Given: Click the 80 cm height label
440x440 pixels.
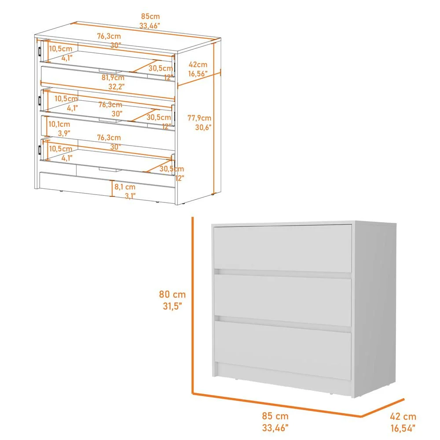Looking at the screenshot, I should [x=172, y=294].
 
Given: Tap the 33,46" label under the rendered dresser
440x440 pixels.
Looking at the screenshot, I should [x=276, y=426].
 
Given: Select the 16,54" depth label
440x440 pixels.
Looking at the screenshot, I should [x=402, y=426].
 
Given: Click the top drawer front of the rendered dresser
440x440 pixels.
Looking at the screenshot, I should [x=282, y=248].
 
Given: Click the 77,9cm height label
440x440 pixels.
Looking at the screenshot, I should [x=199, y=118].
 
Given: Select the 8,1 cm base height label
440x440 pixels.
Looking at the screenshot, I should [x=125, y=187].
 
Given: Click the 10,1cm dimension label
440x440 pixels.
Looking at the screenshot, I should [x=59, y=124].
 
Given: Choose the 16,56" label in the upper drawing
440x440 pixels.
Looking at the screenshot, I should [x=198, y=74].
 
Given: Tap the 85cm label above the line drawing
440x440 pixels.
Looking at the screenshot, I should [x=150, y=17].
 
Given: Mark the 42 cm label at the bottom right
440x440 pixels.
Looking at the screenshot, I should [x=402, y=416].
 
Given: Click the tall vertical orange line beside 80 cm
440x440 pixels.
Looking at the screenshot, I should [x=192, y=304].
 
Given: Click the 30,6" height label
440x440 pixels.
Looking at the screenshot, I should [x=203, y=127].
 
